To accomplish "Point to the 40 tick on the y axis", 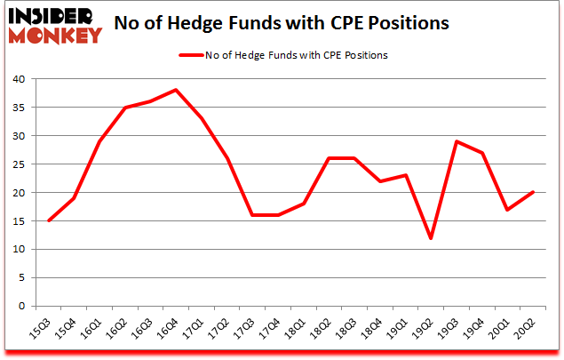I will coord(20,80).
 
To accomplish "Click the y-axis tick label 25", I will coord(20,164).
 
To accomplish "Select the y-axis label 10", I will coord(20,250).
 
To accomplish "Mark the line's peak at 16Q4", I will coord(176,90).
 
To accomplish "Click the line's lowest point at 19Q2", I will coord(431,237).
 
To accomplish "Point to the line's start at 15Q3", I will coord(49,220).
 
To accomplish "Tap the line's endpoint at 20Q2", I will coord(533,192).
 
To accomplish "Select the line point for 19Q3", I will coord(457,141).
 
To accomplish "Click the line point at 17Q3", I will coord(252,215).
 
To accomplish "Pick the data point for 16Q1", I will coord(99,141).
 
